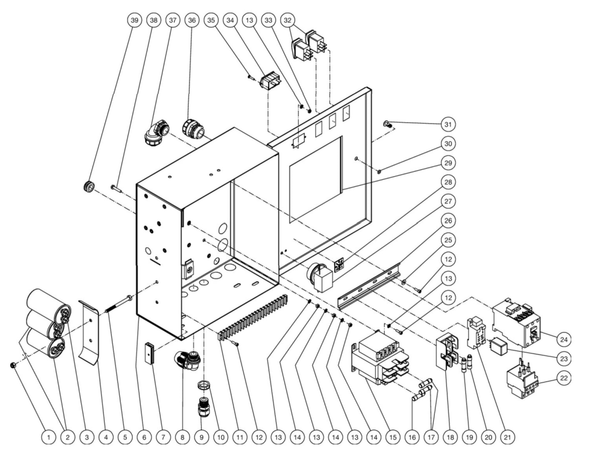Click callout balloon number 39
(134, 20)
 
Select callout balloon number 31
(448, 124)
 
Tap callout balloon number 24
(564, 340)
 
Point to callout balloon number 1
(49, 437)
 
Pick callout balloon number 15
(392, 437)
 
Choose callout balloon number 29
(448, 163)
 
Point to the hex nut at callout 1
(13, 366)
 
